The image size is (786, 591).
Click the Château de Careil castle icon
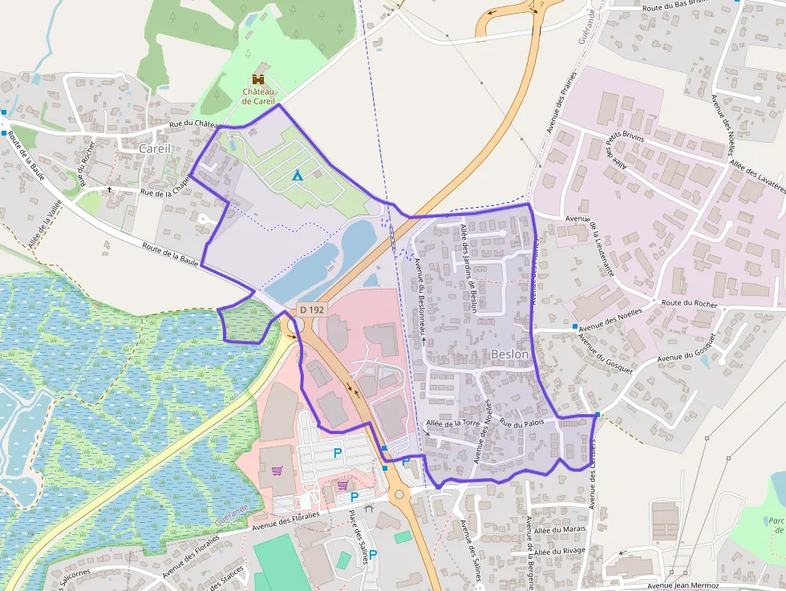[258, 79]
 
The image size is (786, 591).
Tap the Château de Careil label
[258, 96]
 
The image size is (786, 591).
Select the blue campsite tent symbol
[298, 175]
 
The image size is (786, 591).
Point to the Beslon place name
[509, 354]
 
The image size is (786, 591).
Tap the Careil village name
[155, 148]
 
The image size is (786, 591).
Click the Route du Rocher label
[689, 304]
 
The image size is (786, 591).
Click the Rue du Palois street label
[522, 421]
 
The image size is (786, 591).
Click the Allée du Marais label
[560, 528]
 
